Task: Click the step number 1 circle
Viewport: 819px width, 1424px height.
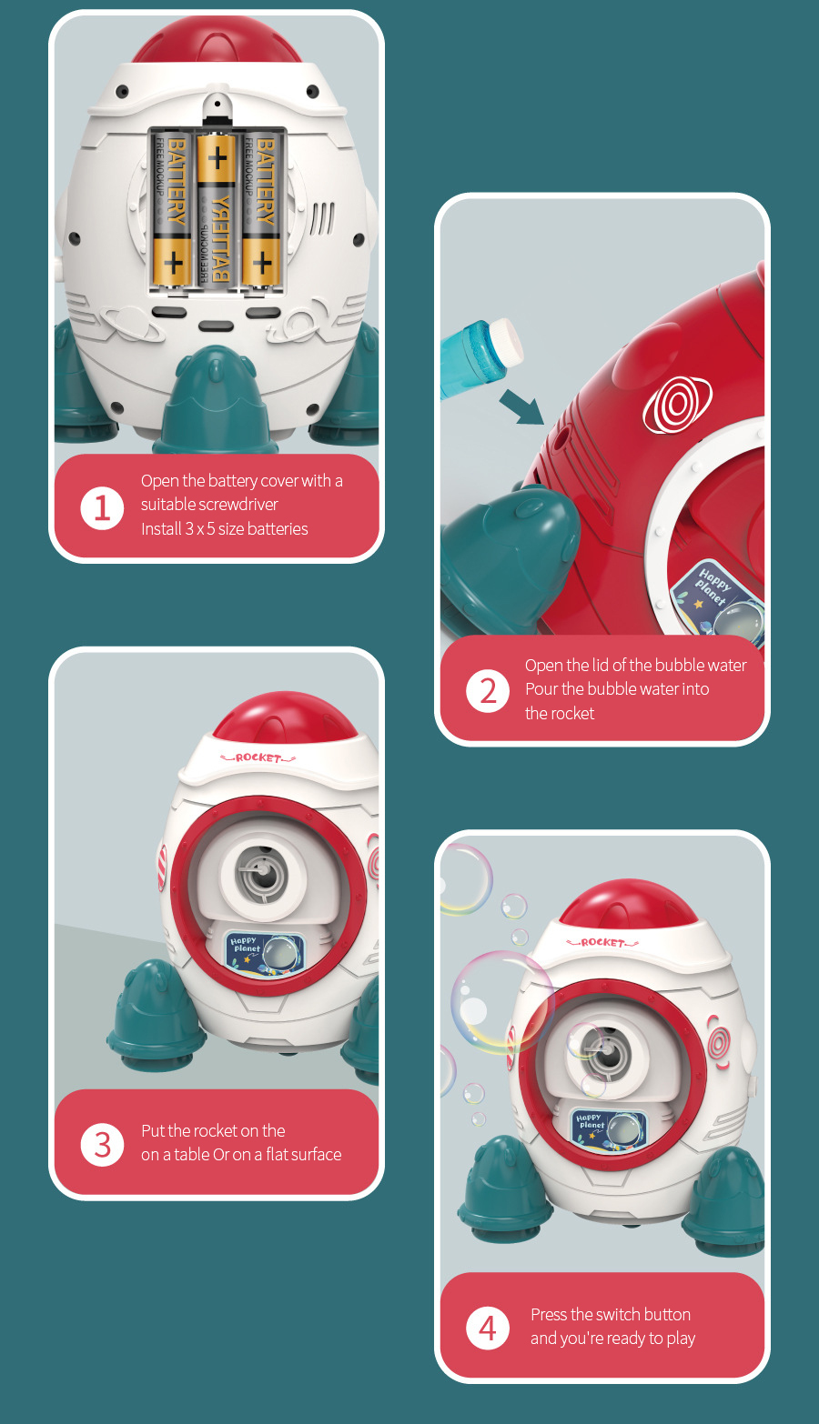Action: pyautogui.click(x=102, y=507)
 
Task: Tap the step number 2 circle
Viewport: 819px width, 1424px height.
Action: pyautogui.click(x=488, y=690)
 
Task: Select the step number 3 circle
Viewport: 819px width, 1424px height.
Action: pyautogui.click(x=102, y=1144)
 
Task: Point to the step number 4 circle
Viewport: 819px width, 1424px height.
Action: pyautogui.click(x=488, y=1328)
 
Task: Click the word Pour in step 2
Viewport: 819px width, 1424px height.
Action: pyautogui.click(x=541, y=689)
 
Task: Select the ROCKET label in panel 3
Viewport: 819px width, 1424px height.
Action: pyautogui.click(x=258, y=757)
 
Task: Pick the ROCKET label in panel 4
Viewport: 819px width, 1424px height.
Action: pyautogui.click(x=602, y=943)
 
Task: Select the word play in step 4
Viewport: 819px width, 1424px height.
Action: pyautogui.click(x=681, y=1339)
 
